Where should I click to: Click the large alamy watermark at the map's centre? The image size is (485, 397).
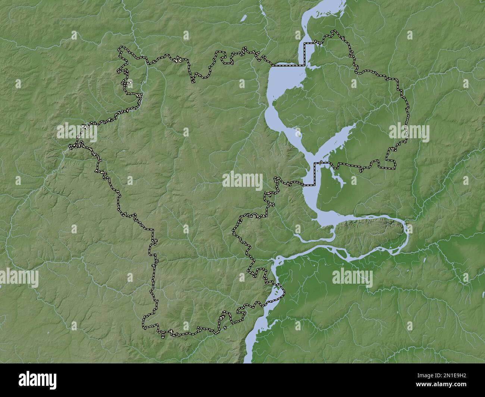coord(242,181)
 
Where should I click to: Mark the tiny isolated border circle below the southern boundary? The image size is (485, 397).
coord(225,328)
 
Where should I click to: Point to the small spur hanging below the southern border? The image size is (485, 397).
coord(163,335)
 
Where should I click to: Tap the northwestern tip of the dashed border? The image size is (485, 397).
coord(120,48)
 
